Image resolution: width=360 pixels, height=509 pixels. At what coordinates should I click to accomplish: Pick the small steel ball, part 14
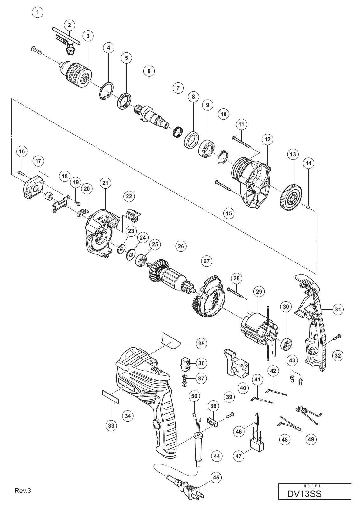tap(308, 207)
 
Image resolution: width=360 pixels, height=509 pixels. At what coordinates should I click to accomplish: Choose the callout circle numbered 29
tap(259, 291)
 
